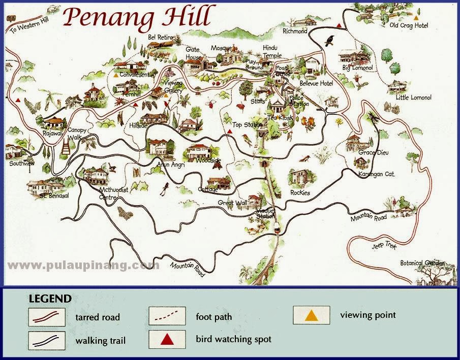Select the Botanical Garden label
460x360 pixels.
coord(422,263)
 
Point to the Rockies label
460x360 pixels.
coord(300,193)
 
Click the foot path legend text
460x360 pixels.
coord(213,317)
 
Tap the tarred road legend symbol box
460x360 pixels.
coord(46,317)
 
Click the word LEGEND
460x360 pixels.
coord(50,299)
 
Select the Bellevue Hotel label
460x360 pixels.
coord(316,83)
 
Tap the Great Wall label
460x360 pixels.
coord(232,203)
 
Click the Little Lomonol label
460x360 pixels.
coord(413,97)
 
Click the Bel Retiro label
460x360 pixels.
coord(161,38)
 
